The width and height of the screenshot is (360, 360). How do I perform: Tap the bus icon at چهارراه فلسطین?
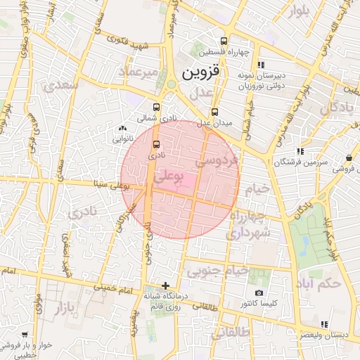224,41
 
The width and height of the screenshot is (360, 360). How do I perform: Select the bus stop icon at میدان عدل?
215,111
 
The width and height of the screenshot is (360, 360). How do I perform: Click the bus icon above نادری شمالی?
155,108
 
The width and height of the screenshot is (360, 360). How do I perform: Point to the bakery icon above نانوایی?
124,129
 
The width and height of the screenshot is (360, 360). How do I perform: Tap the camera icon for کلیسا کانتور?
259,292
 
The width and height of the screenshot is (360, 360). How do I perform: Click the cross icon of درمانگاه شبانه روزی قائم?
165,285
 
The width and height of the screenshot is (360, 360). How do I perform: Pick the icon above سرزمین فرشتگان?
300,151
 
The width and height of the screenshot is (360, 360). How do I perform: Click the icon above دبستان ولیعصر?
323,324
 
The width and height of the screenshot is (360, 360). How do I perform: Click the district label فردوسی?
217,161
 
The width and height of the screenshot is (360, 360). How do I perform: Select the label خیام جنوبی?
217,270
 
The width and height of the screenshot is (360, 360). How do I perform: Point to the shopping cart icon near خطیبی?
25,335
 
